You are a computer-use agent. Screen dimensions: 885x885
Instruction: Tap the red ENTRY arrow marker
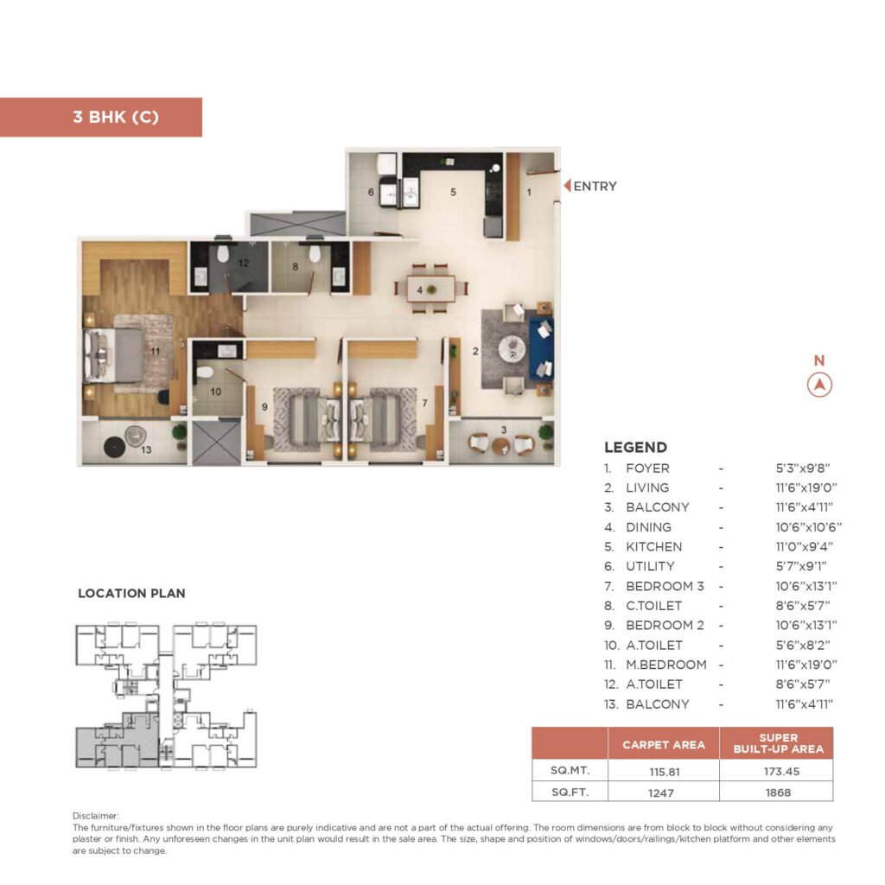(x=568, y=186)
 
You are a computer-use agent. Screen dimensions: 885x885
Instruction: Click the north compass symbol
(x=819, y=385)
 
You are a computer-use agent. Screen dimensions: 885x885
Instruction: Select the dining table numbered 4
(x=431, y=289)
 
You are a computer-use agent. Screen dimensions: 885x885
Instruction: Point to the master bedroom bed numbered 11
(x=115, y=354)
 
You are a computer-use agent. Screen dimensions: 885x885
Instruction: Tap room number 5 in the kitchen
(x=453, y=192)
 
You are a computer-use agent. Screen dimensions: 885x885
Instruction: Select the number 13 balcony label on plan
(x=147, y=449)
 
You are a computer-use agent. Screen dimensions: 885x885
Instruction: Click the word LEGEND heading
(x=635, y=448)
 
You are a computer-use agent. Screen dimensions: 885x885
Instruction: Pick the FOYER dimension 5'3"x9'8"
(x=802, y=468)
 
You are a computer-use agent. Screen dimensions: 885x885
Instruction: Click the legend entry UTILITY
(x=650, y=567)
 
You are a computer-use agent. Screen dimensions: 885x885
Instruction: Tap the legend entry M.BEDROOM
(x=665, y=665)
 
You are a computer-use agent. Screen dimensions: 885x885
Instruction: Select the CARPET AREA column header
(x=663, y=744)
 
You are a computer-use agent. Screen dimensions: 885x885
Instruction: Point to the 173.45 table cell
(x=775, y=770)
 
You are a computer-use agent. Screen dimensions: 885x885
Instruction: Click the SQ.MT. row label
(x=570, y=770)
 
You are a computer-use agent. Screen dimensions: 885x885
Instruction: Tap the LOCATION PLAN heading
(x=131, y=594)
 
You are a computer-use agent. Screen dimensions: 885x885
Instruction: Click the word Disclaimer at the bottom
(x=95, y=815)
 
